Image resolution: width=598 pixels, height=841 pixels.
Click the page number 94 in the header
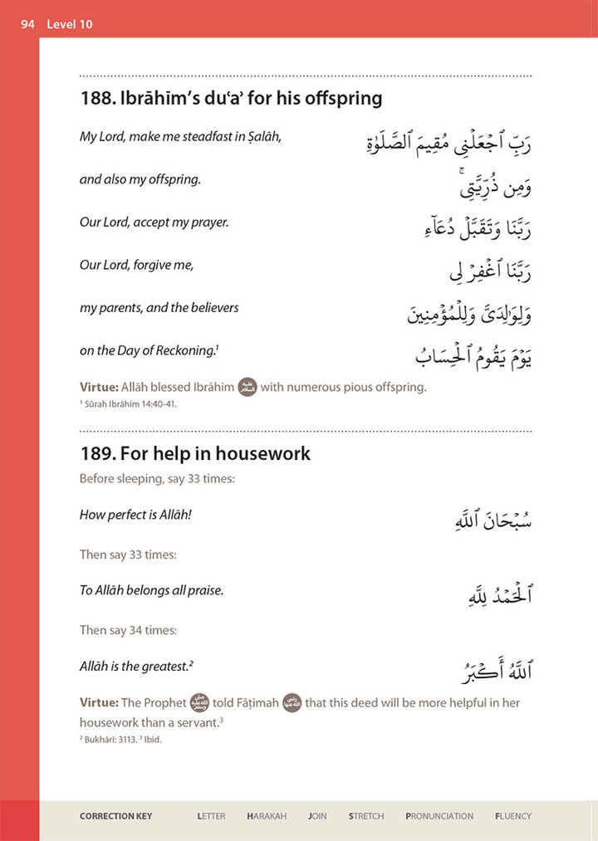27,24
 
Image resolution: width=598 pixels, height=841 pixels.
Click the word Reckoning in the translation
187,350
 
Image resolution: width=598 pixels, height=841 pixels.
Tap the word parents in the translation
120,308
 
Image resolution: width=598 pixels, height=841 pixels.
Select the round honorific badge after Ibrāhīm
248,387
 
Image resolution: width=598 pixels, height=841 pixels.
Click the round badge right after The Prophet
199,703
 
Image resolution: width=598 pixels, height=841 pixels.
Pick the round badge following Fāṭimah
292,703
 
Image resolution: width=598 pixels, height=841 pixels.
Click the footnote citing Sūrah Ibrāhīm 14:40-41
129,404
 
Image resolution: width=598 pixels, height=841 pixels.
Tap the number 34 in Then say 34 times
136,630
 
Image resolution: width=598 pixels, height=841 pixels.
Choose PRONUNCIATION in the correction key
439,816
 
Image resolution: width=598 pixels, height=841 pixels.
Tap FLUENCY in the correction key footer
512,816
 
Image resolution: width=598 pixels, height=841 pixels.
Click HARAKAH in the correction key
267,816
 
